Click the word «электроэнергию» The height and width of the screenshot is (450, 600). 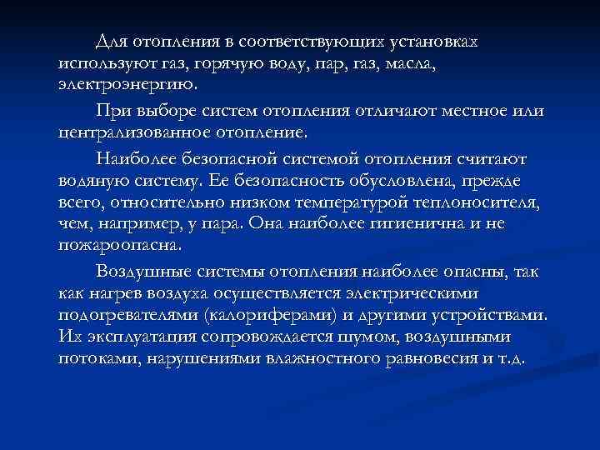(x=129, y=86)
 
